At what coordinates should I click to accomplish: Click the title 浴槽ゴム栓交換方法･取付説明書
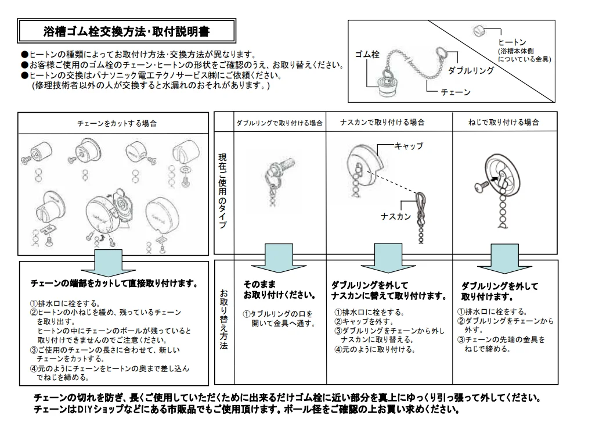(x=127, y=31)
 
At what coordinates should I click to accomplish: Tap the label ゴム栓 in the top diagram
(x=367, y=55)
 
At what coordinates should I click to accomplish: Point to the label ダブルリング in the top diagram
(x=471, y=71)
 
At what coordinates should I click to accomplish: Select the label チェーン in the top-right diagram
(x=456, y=92)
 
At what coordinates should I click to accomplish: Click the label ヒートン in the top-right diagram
(x=512, y=42)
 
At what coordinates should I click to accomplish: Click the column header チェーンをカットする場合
(x=117, y=124)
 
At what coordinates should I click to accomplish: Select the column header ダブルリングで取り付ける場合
(x=279, y=123)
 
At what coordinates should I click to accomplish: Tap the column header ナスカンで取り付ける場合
(x=382, y=123)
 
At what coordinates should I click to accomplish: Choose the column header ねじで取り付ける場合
(x=504, y=123)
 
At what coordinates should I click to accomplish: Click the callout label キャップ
(x=409, y=146)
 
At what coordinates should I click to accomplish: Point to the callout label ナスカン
(x=396, y=217)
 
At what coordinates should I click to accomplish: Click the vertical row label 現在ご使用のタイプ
(x=223, y=191)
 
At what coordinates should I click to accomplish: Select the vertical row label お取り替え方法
(x=223, y=319)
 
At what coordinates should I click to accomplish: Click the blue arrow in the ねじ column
(x=504, y=259)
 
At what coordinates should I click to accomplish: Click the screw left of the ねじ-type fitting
(x=481, y=187)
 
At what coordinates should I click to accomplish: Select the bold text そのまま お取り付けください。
(x=279, y=289)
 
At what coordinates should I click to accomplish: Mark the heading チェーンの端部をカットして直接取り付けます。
(x=114, y=284)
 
